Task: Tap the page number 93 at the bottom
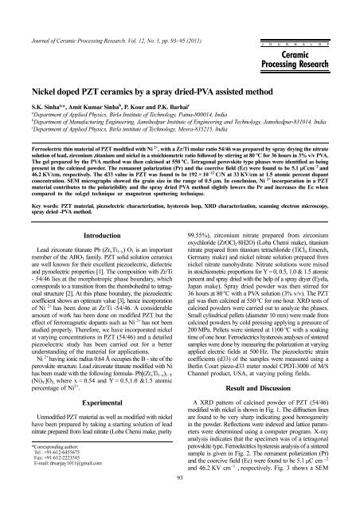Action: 180,500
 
